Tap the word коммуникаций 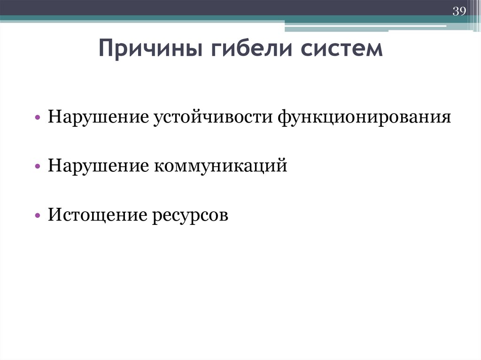219,166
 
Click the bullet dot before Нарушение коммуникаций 37,167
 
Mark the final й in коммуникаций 282,166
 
